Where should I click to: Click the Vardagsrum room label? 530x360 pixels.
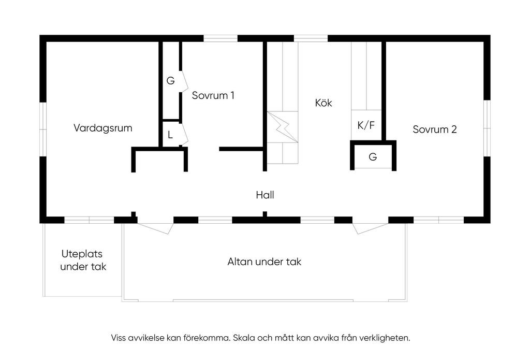[x=103, y=128]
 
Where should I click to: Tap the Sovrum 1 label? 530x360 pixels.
[x=213, y=95]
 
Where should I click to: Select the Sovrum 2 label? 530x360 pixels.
[x=435, y=129]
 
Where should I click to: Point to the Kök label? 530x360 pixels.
[x=323, y=103]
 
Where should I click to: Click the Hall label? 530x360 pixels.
[x=265, y=195]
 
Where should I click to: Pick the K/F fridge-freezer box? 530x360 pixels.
[x=366, y=125]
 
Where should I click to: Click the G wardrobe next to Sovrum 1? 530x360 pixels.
[x=171, y=80]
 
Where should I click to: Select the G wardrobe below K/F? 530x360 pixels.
[x=373, y=156]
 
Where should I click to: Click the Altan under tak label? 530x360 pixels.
[x=264, y=262]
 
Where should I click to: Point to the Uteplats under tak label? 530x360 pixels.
[x=83, y=260]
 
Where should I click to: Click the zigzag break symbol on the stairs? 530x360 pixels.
[x=283, y=127]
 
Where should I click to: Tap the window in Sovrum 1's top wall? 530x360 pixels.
[x=220, y=38]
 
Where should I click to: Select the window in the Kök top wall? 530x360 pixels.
[x=311, y=38]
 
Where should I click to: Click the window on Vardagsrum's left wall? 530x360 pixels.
[x=43, y=129]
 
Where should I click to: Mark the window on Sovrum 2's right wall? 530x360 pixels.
[x=487, y=128]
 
